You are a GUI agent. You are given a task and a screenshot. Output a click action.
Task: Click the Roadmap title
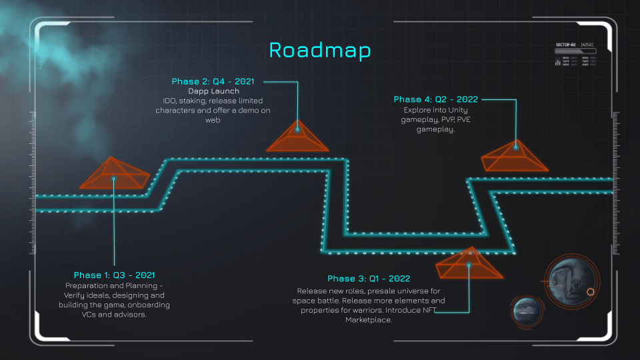[319, 50]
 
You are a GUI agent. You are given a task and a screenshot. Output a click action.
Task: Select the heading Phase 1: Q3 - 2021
[114, 275]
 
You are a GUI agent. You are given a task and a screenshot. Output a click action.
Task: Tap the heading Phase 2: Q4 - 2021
[213, 81]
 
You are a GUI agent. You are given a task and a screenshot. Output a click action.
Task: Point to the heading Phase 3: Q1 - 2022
[369, 278]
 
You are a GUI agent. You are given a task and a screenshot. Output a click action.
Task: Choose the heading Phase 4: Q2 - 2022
[436, 99]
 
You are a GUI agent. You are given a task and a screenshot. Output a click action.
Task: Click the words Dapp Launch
[213, 91]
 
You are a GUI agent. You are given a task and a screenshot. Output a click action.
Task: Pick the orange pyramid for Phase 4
[515, 157]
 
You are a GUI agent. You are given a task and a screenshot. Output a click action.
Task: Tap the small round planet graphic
[527, 313]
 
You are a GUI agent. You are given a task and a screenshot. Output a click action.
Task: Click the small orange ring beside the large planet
[590, 292]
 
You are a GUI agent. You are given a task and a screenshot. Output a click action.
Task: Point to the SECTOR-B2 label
[565, 45]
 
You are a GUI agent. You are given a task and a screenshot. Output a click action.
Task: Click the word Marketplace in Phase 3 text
[368, 320]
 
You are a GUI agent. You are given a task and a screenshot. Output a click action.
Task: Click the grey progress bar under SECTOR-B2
[575, 51]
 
